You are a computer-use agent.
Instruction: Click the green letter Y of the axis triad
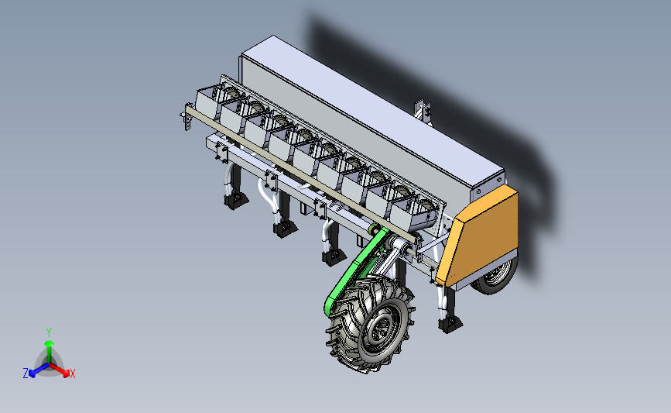49,332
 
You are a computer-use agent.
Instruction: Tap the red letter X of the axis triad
73,373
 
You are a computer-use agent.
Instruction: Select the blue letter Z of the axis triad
26,373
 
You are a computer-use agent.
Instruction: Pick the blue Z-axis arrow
36,370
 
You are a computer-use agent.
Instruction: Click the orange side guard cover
480,232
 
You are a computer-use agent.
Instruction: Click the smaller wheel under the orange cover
495,277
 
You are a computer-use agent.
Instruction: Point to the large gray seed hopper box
364,116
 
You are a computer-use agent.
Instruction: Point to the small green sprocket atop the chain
373,230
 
